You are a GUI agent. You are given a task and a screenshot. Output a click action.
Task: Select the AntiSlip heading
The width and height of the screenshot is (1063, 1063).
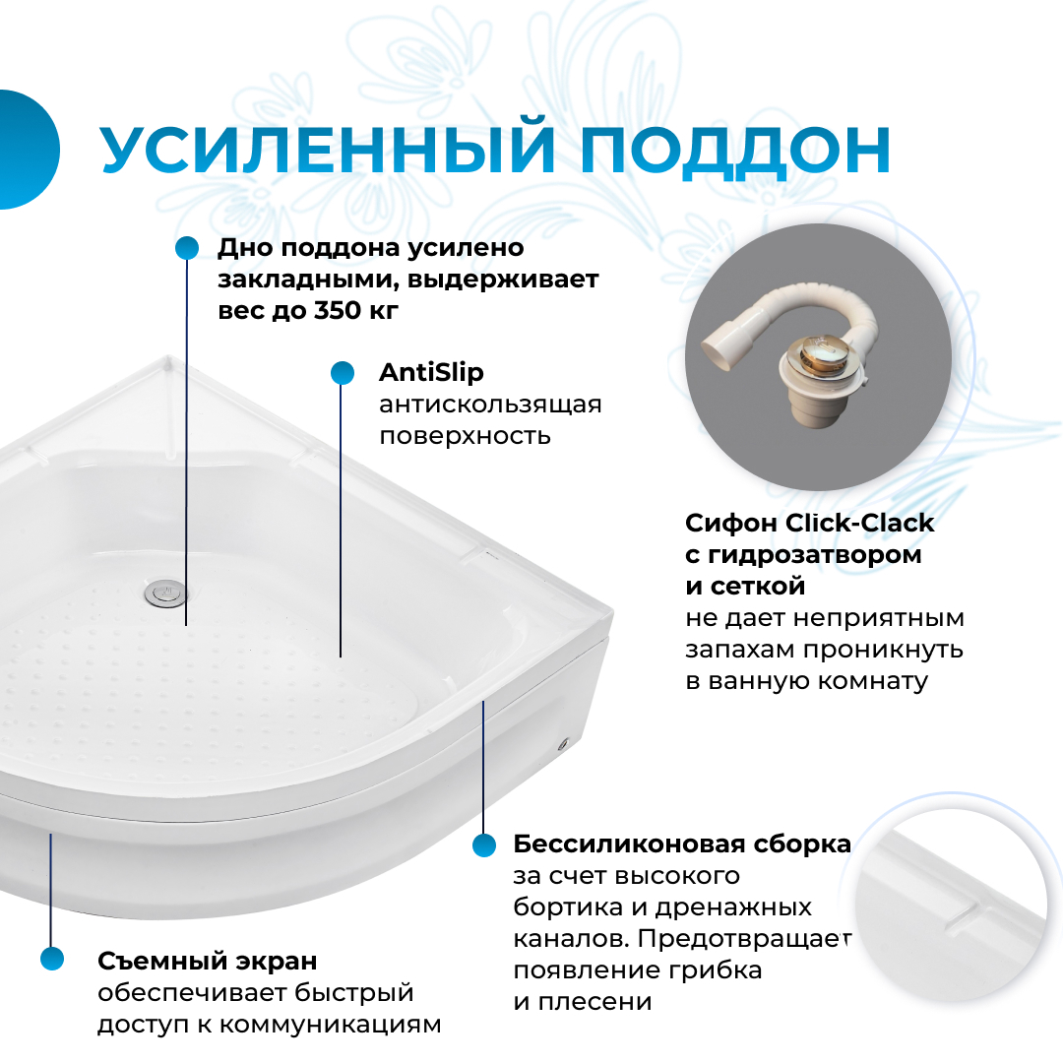pyautogui.click(x=431, y=374)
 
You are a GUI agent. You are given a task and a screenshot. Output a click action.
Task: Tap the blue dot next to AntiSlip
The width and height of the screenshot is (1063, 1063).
pyautogui.click(x=342, y=373)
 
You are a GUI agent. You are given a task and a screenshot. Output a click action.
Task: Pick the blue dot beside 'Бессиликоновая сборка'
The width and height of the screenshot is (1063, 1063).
pyautogui.click(x=484, y=844)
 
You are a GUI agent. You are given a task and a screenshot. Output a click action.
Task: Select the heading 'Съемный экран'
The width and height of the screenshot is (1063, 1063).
pyautogui.click(x=207, y=961)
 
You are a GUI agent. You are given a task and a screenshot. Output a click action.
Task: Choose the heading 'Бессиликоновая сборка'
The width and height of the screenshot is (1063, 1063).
pyautogui.click(x=681, y=844)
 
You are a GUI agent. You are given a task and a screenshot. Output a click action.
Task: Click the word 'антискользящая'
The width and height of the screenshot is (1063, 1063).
pyautogui.click(x=490, y=406)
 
